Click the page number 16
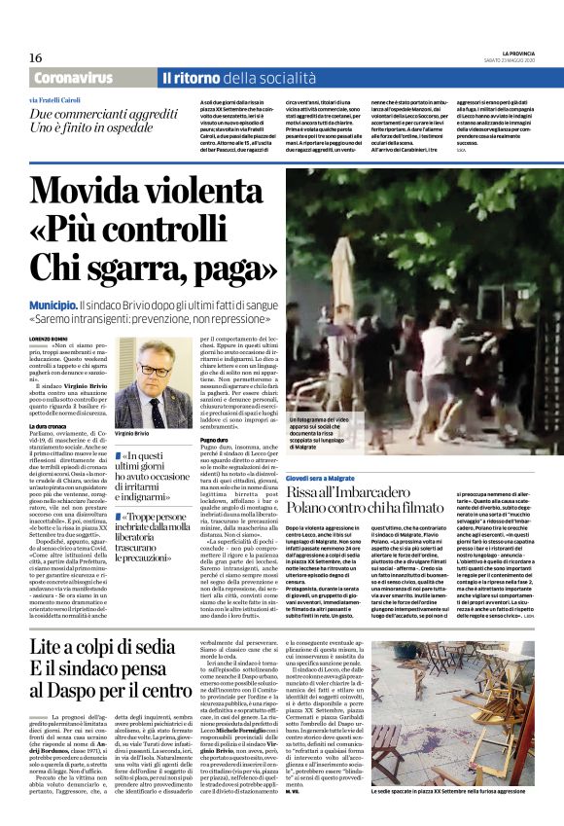coord(35,58)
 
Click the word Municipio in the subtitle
coord(53,305)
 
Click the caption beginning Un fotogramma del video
coord(335,431)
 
